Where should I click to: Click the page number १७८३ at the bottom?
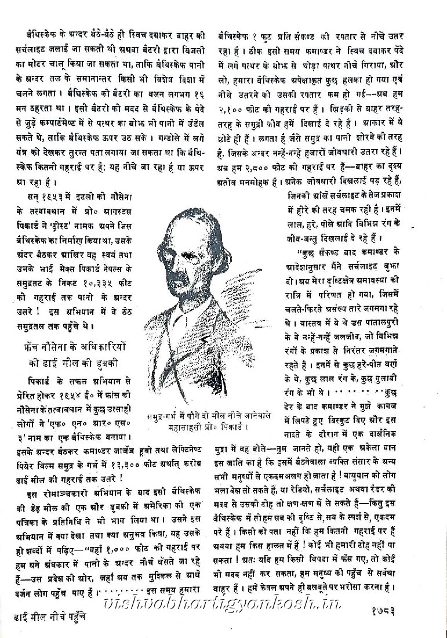pos(413,624)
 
